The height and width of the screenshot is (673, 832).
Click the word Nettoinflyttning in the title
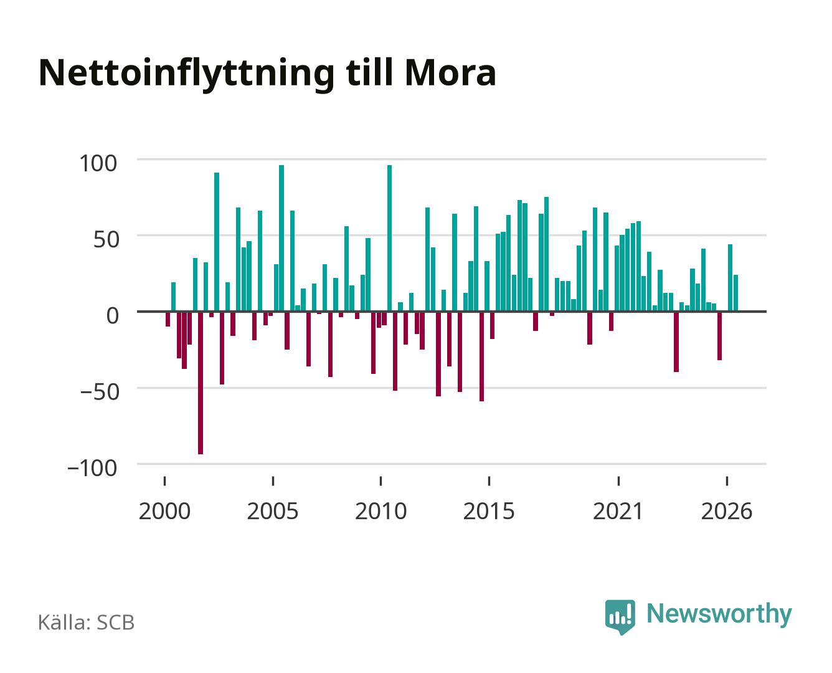(186, 75)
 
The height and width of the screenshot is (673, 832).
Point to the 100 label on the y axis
(98, 163)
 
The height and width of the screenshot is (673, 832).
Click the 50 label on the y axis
(105, 239)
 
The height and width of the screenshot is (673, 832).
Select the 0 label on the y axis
(113, 315)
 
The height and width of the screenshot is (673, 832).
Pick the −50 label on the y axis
(100, 392)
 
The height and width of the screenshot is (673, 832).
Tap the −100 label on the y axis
(92, 468)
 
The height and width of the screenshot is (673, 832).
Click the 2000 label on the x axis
(164, 511)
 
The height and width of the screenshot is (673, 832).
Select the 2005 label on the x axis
(273, 511)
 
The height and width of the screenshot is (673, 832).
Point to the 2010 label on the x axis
(381, 511)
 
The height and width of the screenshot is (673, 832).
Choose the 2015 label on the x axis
(489, 511)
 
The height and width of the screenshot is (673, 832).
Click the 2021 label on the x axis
(618, 511)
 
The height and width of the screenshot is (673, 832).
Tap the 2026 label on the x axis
(727, 511)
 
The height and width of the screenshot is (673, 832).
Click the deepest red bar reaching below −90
(201, 383)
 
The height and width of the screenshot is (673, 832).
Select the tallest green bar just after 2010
(389, 239)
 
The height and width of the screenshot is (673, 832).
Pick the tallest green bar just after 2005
(281, 239)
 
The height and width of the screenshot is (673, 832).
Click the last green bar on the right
(736, 293)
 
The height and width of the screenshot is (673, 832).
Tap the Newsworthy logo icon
(620, 617)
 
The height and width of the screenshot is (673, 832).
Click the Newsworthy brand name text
(719, 614)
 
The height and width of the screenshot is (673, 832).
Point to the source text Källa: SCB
(87, 623)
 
